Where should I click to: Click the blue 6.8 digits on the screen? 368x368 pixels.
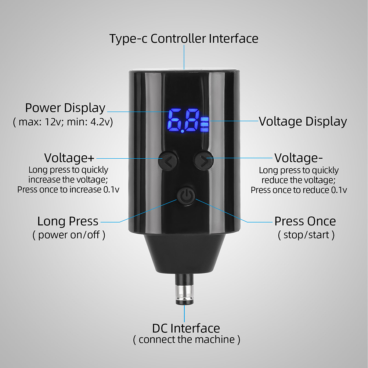(x=183, y=120)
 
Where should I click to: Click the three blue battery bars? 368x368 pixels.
(x=205, y=125)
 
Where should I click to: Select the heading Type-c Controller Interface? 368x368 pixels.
(x=184, y=39)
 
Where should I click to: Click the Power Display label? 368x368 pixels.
(x=65, y=108)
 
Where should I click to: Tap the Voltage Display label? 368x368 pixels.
(x=303, y=122)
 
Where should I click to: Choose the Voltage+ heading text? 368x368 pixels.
(x=69, y=158)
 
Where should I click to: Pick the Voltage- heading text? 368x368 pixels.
(x=299, y=158)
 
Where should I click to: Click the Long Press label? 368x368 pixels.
(x=68, y=221)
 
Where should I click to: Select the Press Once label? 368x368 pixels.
(x=305, y=221)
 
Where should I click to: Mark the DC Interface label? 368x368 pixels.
(x=186, y=328)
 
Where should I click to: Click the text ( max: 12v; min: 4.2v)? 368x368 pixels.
(x=63, y=122)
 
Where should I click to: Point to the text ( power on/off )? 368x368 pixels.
(x=69, y=235)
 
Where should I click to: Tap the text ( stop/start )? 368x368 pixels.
(x=306, y=235)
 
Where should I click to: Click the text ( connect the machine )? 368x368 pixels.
(x=187, y=340)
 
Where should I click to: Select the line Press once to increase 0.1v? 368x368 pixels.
(x=68, y=190)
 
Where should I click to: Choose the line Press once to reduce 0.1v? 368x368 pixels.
(x=299, y=190)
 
